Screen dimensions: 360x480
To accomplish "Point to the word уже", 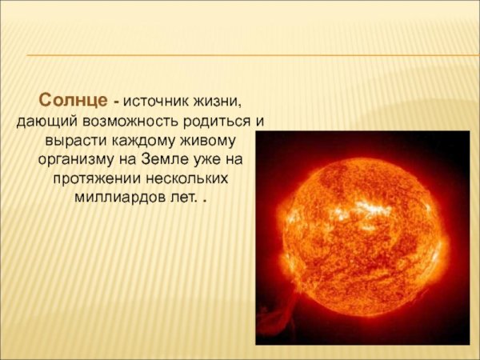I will coord(213,159).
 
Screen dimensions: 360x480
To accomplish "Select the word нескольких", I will coord(190,178).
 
